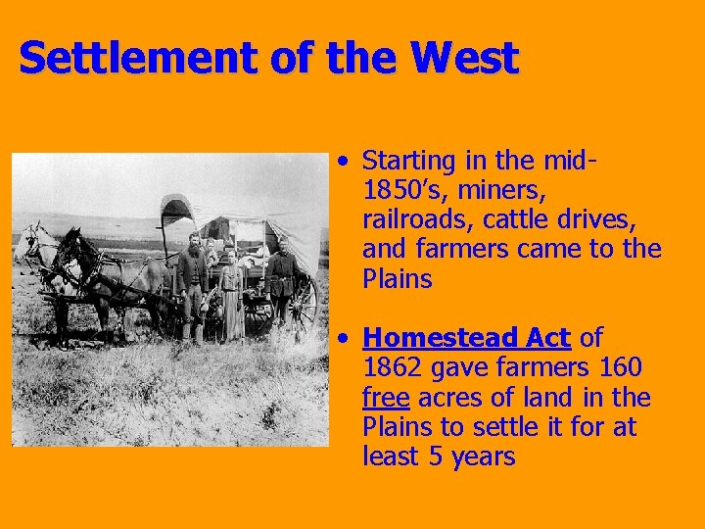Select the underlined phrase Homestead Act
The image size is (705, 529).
tap(466, 338)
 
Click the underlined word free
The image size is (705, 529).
tap(385, 398)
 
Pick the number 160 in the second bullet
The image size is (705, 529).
tap(619, 368)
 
